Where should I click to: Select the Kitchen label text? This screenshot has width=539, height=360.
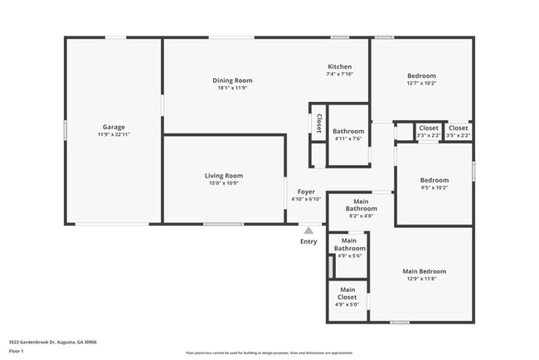point(340,66)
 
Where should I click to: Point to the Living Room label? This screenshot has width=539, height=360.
point(223,176)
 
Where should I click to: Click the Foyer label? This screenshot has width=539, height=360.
point(306,192)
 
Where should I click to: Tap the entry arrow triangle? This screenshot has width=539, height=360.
point(308,230)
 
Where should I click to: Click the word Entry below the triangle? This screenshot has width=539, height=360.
point(308,241)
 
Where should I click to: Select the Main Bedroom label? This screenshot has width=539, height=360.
point(424,271)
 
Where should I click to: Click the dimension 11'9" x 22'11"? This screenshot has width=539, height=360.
point(113,134)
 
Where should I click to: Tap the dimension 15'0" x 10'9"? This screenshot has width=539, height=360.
point(223,183)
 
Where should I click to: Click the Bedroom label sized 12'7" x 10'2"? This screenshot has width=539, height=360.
point(421,75)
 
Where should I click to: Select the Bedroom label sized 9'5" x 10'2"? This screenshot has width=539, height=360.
point(434,180)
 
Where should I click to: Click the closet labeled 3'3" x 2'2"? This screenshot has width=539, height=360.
point(428,128)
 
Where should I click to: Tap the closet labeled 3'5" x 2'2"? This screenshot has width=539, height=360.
point(458,128)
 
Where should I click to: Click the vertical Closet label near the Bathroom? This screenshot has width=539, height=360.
point(318,124)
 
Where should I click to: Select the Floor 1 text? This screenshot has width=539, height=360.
point(17,351)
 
